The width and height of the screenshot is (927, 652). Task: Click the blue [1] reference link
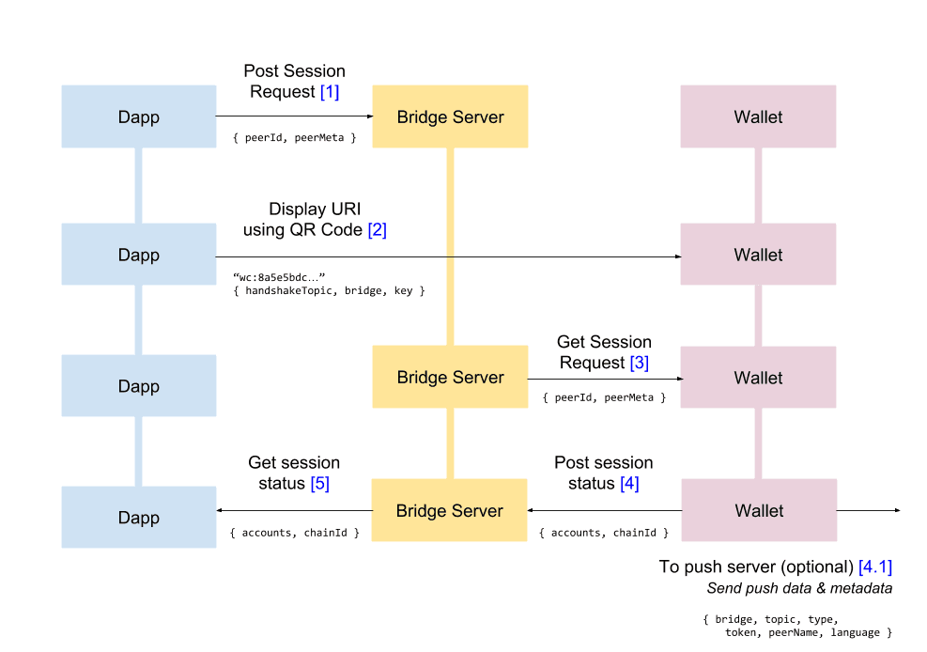tap(329, 92)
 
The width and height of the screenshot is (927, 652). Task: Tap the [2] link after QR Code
tap(377, 229)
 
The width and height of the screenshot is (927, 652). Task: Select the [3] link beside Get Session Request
tap(639, 363)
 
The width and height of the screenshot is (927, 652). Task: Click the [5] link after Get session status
tap(320, 483)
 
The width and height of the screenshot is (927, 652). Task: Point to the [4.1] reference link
tap(874, 567)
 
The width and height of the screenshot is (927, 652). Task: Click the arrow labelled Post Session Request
tap(294, 116)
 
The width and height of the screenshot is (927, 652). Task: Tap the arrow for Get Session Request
tap(604, 380)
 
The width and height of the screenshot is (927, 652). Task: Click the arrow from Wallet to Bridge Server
tap(604, 510)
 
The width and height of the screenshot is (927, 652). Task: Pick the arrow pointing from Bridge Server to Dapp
tap(294, 510)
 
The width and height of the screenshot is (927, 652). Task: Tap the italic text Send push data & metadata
tap(799, 588)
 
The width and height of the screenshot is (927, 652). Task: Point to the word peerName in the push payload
tap(794, 633)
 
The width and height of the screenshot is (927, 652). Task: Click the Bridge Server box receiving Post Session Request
tap(450, 117)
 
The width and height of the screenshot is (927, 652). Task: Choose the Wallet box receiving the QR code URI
tap(758, 256)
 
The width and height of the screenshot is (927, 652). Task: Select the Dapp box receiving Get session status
tap(138, 518)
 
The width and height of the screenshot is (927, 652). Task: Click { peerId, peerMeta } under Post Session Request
tap(294, 138)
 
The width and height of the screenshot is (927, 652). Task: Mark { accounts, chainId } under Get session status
tap(294, 533)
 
